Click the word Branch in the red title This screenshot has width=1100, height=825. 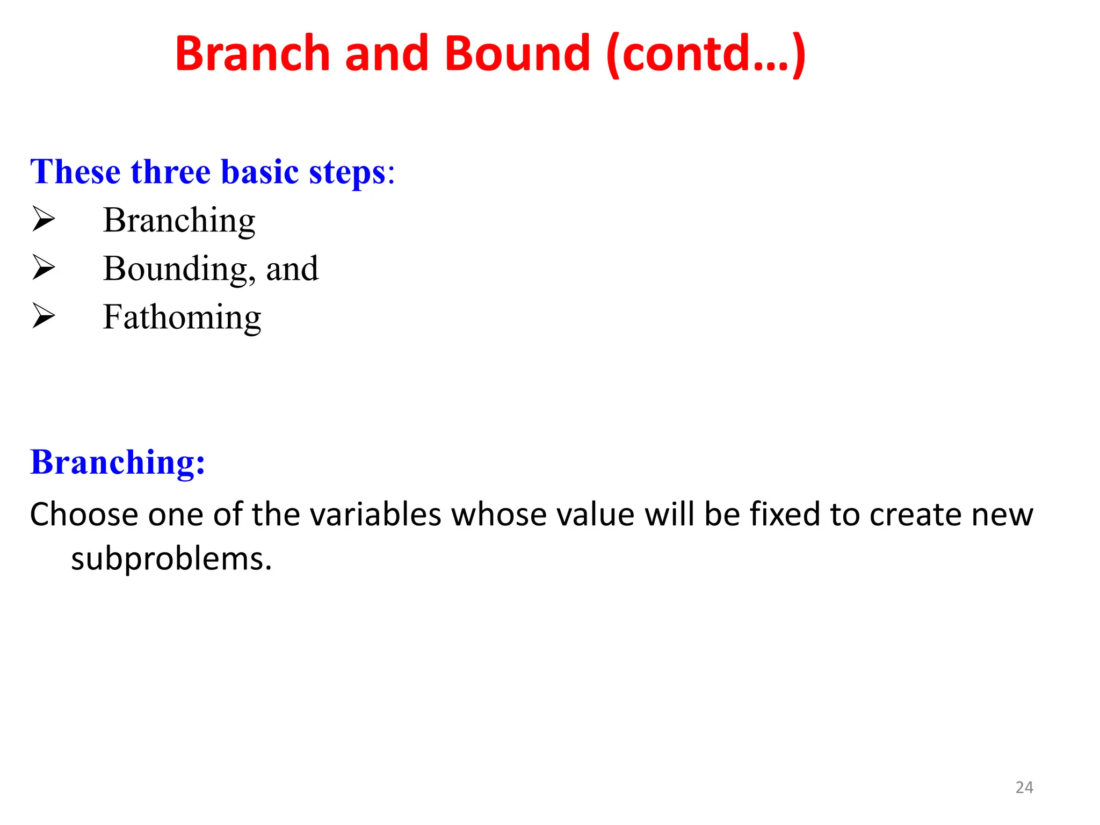point(252,53)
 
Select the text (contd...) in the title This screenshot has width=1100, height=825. point(706,54)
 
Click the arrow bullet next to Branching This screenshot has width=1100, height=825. point(44,220)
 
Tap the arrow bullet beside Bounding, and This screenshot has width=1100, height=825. point(44,268)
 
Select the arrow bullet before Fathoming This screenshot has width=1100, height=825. point(44,316)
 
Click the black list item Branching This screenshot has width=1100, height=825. point(179,220)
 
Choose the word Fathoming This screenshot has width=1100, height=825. point(182,317)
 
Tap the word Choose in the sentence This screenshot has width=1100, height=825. point(84,515)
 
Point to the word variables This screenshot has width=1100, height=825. point(376,515)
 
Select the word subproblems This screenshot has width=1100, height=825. point(171,559)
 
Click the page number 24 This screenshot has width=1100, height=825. point(1024,787)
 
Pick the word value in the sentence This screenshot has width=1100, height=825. point(596,515)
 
